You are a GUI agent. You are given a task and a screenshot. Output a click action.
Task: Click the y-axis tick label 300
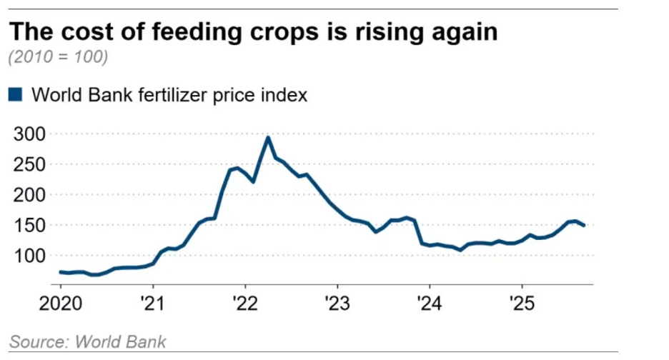(29, 134)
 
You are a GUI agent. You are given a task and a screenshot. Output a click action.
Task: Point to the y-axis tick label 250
(29, 164)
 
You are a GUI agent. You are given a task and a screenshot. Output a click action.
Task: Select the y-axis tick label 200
(29, 195)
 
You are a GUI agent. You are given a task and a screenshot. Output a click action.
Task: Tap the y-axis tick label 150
(29, 225)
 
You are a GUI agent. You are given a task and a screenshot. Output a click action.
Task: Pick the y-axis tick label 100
(29, 256)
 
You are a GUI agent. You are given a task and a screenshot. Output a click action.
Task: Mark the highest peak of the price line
(267, 137)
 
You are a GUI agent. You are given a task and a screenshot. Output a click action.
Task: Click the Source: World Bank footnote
(88, 341)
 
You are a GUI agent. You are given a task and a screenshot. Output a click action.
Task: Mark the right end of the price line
(584, 226)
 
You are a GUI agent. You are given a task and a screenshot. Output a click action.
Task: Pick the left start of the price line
(60, 271)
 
